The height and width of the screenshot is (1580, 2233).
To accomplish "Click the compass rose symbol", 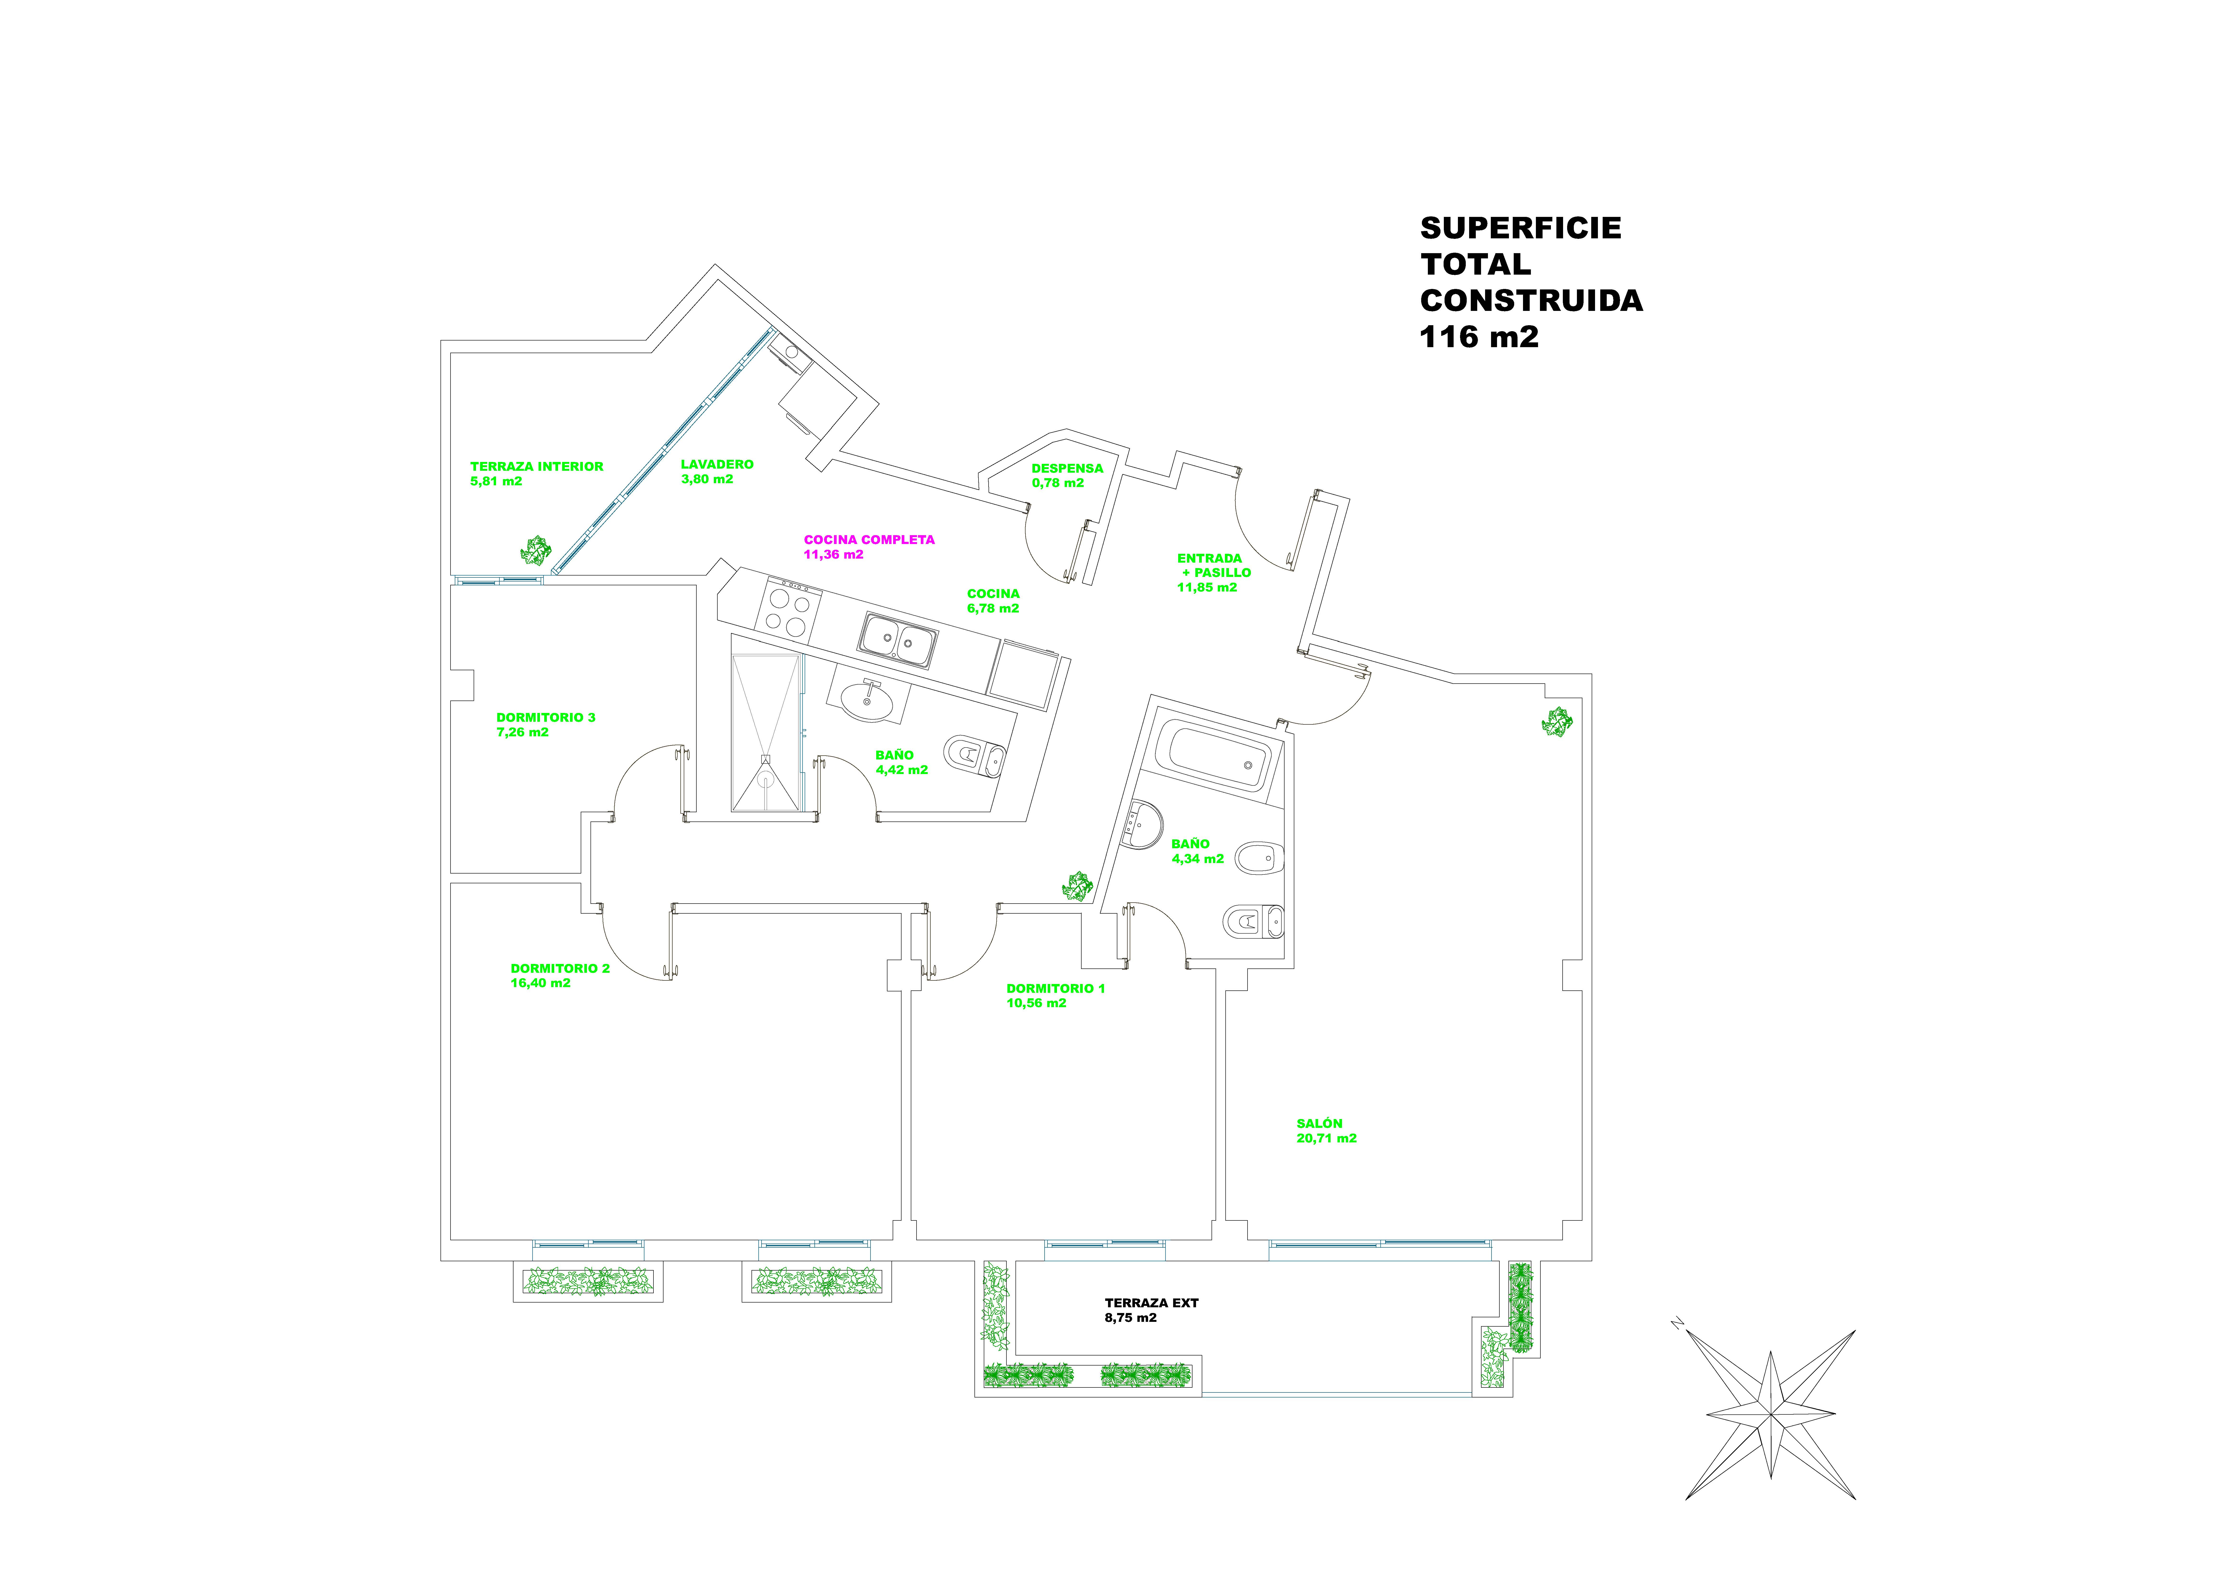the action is point(1770,1414).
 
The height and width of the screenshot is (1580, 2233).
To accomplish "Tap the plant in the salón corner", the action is point(1557,721).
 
